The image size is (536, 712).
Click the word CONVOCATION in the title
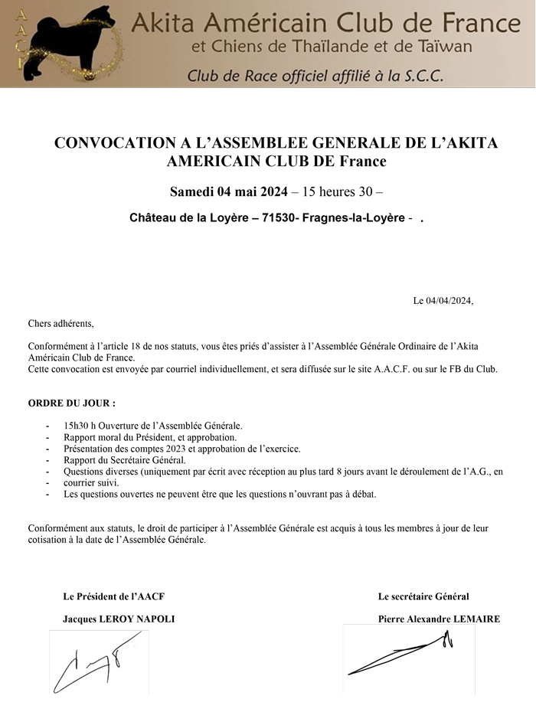pyautogui.click(x=108, y=144)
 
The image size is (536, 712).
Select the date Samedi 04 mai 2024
pyautogui.click(x=228, y=191)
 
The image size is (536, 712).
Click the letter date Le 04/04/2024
pyautogui.click(x=443, y=300)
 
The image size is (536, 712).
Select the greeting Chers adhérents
pyautogui.click(x=60, y=324)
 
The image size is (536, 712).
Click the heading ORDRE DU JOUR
pyautogui.click(x=72, y=403)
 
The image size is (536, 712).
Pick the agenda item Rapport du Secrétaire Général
pyautogui.click(x=125, y=460)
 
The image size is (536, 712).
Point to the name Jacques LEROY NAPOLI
pyautogui.click(x=119, y=619)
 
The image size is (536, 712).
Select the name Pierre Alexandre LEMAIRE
pyautogui.click(x=439, y=619)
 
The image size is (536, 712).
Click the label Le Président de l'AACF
pyautogui.click(x=114, y=596)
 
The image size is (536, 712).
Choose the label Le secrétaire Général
pyautogui.click(x=423, y=596)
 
